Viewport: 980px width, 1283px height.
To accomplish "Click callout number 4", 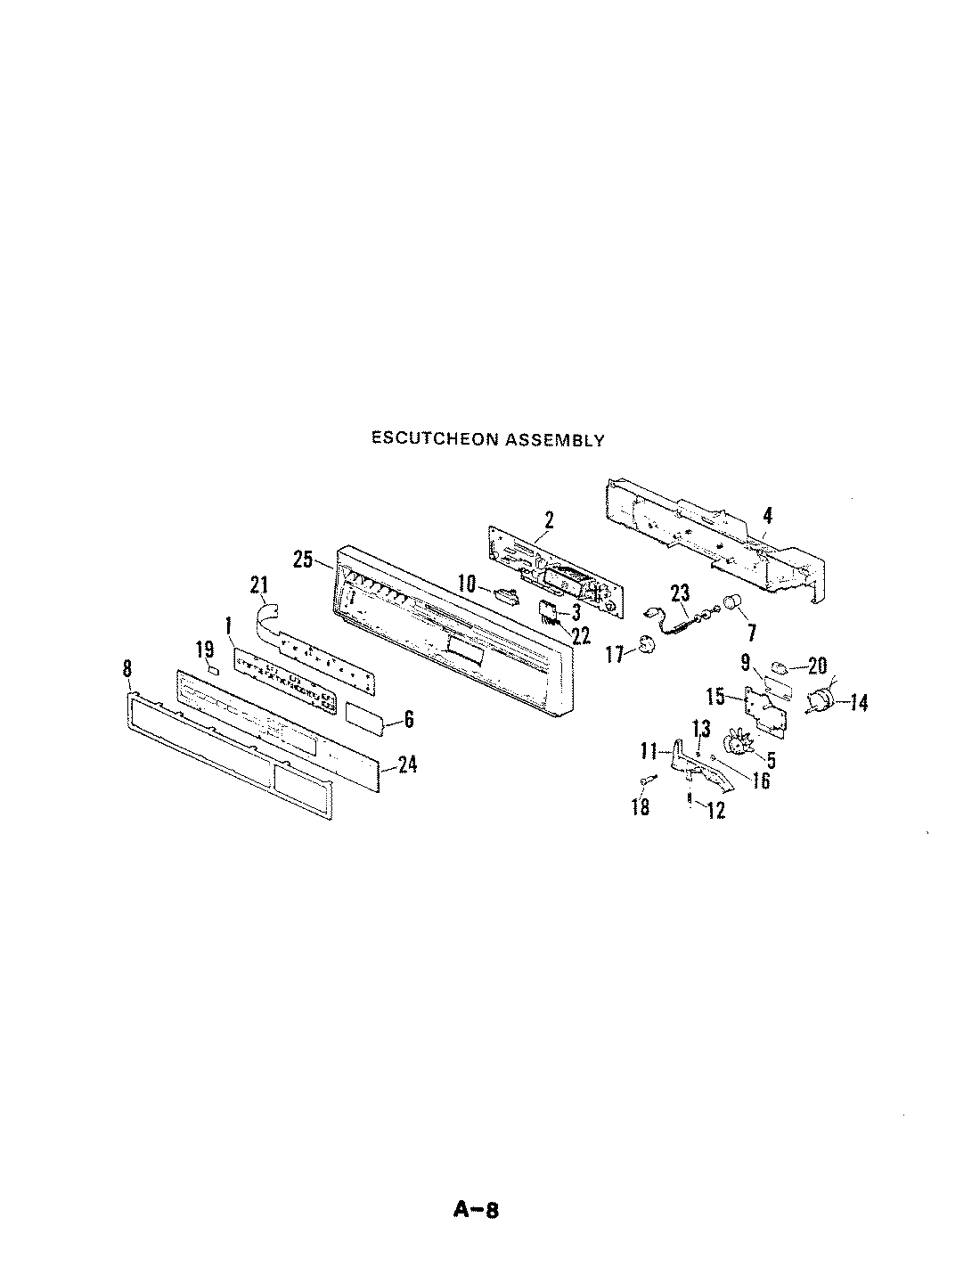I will tap(767, 515).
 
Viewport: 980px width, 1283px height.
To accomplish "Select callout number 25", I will tap(303, 560).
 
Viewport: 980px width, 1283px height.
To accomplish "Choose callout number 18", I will tap(640, 807).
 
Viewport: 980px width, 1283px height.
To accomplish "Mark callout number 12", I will tap(715, 810).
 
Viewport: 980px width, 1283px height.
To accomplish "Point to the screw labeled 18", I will tap(647, 780).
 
